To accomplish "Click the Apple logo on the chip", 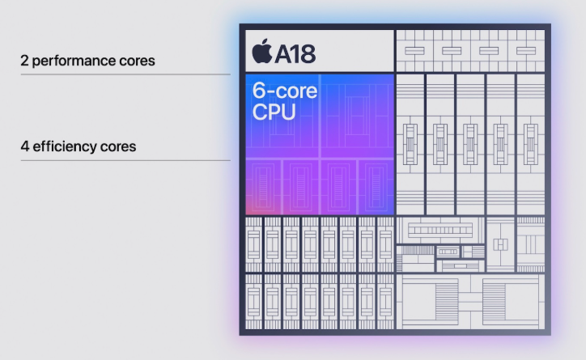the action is point(262,51).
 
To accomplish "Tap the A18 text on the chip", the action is point(295,53).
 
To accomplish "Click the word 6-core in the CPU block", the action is point(285,91).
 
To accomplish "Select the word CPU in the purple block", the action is point(274,112).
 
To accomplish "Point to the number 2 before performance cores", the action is point(24,61).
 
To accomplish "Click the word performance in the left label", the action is point(74,61).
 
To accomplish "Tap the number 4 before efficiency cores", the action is point(24,146).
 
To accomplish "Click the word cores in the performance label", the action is point(137,61).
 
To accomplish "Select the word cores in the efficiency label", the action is point(118,146).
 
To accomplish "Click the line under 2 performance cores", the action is point(125,74).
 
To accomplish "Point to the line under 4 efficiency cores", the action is point(125,160).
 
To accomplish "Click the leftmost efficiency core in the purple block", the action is point(263,188).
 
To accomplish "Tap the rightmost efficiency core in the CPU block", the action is point(376,188).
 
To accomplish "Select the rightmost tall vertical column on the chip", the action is point(531,145).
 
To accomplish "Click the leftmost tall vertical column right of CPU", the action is point(410,145).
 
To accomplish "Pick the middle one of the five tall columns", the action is point(470,145).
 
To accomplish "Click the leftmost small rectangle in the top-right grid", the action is point(414,51).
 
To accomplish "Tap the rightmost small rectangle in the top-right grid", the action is point(526,51).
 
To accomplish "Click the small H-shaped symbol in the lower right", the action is point(500,244).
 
